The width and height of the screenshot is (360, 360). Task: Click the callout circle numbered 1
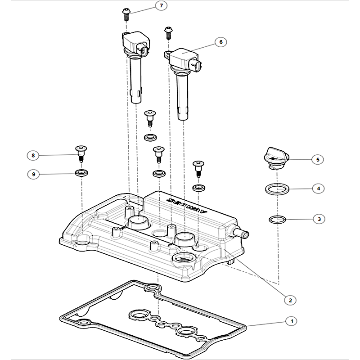tap(292, 321)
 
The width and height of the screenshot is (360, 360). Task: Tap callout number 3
tap(319, 219)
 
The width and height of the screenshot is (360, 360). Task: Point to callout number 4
tap(318, 189)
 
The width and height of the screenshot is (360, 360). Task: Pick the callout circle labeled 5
tap(317, 159)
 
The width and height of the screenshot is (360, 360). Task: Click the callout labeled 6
tap(220, 42)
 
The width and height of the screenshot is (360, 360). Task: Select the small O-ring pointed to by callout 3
tap(277, 220)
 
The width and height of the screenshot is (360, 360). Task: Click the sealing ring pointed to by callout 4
tap(276, 188)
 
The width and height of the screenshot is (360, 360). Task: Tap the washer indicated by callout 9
tap(81, 173)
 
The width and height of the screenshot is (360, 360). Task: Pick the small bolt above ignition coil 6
tap(169, 31)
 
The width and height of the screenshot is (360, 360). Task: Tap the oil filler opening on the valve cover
tap(183, 259)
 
